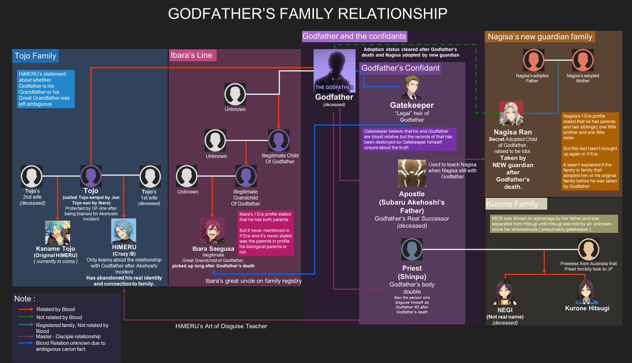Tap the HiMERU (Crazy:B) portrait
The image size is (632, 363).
click(x=123, y=231)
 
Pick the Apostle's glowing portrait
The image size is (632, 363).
click(x=411, y=174)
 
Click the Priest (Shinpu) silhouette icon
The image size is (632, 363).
click(x=411, y=249)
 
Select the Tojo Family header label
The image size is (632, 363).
click(x=35, y=56)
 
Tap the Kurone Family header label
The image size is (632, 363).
click(x=516, y=204)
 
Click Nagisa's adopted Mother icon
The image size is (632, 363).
click(x=582, y=60)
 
